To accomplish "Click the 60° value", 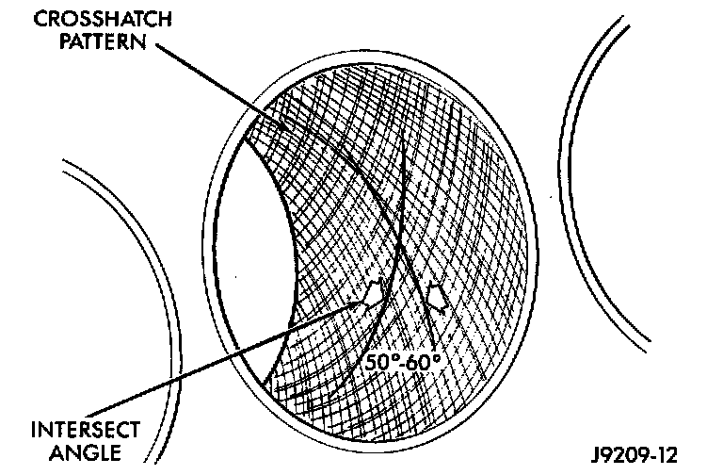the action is (x=425, y=360).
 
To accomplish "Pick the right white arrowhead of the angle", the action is (x=436, y=296).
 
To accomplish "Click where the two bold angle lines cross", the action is (x=401, y=247).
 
